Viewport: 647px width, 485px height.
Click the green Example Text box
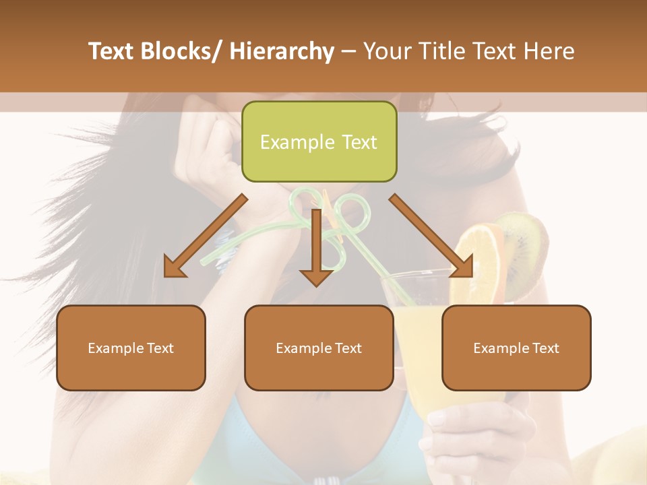(x=319, y=141)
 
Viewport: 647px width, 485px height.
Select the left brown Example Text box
(x=131, y=348)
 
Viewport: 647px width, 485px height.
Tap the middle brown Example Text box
(x=319, y=348)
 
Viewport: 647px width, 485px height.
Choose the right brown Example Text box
(x=516, y=348)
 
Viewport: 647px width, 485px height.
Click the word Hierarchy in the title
(x=282, y=51)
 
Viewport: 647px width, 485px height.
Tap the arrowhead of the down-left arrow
(x=174, y=267)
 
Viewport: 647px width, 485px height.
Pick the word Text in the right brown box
(x=545, y=348)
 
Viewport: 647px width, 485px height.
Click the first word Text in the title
(x=111, y=51)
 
